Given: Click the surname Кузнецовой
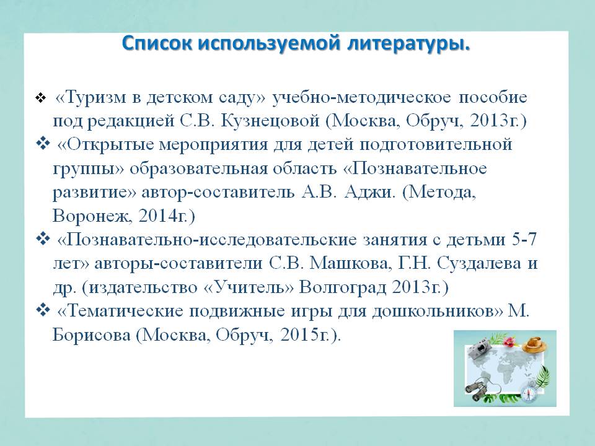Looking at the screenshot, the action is pos(270,121).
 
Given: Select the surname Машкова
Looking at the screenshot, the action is pos(349,264).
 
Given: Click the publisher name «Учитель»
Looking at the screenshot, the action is pos(249,287).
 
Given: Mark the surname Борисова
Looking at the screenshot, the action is pos(91,335).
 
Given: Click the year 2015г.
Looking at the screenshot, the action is pos(307,335).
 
